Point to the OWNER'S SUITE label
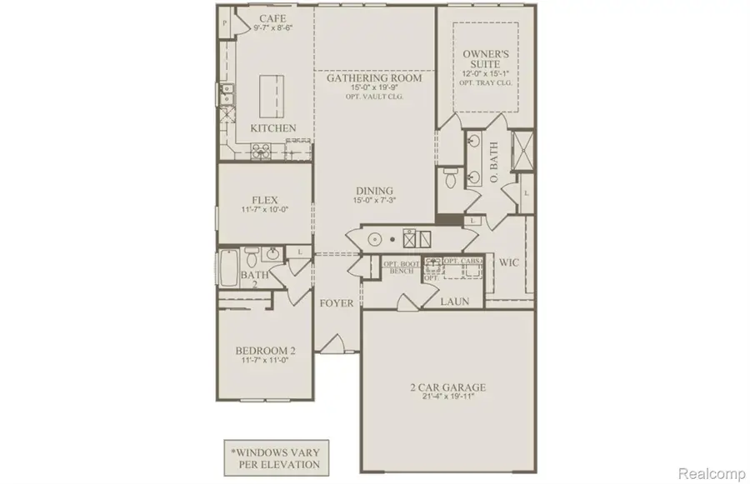click(486, 60)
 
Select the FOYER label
click(337, 303)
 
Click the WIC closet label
click(508, 263)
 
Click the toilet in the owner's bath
click(450, 177)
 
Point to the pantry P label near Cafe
click(225, 22)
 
